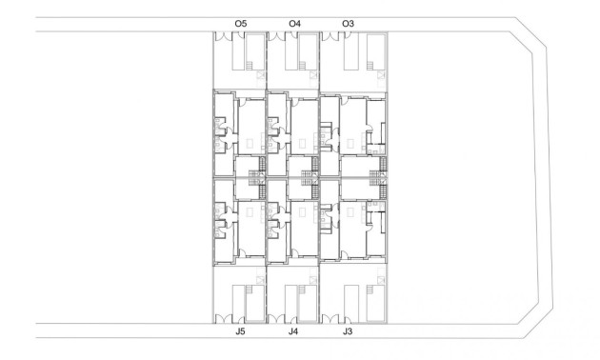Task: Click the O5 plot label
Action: pos(240,22)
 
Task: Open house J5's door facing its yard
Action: pos(243,257)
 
